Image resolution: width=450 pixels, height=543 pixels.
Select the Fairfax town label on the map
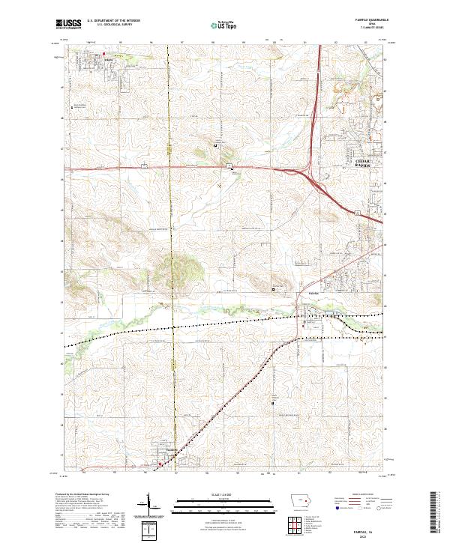tap(315, 293)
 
